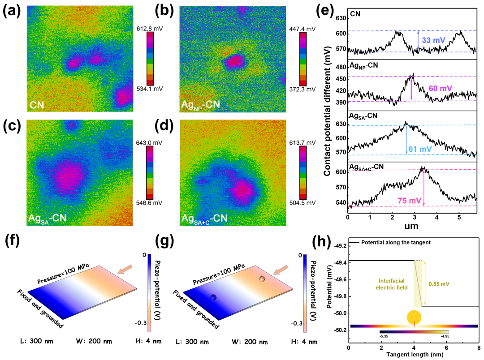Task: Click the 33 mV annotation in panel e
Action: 433,40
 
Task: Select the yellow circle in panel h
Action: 415,317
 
